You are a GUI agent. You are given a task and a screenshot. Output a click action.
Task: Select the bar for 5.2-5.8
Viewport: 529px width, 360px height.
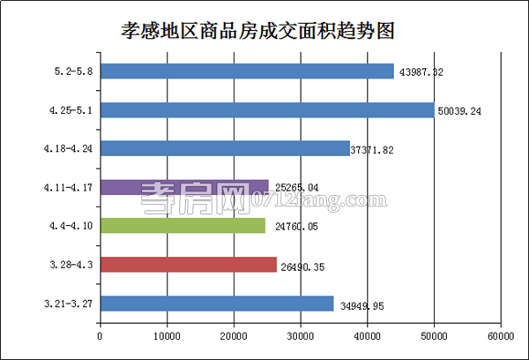(x=247, y=71)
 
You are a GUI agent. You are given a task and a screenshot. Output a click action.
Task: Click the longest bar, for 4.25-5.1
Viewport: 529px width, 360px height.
(x=267, y=109)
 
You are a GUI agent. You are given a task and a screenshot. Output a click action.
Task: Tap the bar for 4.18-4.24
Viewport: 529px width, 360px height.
(x=225, y=148)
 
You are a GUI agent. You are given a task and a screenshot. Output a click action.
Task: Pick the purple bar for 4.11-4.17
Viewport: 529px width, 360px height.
(x=184, y=186)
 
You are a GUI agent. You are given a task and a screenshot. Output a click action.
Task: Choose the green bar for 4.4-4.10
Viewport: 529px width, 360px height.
(x=183, y=226)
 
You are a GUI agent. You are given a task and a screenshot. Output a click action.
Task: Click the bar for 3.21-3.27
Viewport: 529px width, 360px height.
(x=217, y=304)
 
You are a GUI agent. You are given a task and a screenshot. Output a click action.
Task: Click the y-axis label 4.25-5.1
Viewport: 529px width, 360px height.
(x=72, y=110)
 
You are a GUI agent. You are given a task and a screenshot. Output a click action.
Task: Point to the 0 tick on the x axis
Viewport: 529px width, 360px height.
(x=101, y=336)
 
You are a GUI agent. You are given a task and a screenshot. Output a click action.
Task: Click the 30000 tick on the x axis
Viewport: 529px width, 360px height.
(x=301, y=336)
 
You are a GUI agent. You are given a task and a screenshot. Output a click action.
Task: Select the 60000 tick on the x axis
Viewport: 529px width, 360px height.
(x=501, y=336)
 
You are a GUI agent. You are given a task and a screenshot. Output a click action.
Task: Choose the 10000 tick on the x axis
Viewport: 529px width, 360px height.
(x=167, y=336)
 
